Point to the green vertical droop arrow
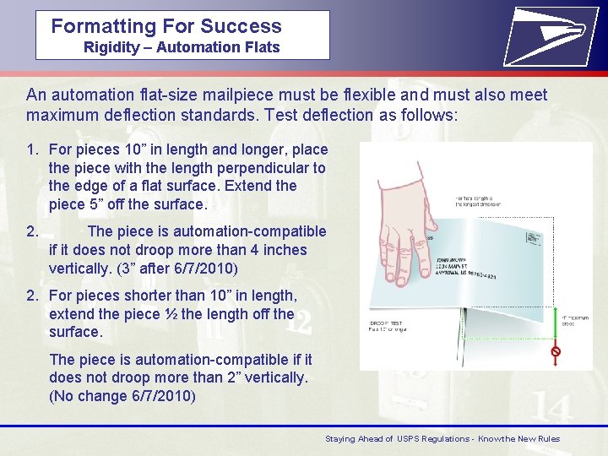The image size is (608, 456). pyautogui.click(x=555, y=325)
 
